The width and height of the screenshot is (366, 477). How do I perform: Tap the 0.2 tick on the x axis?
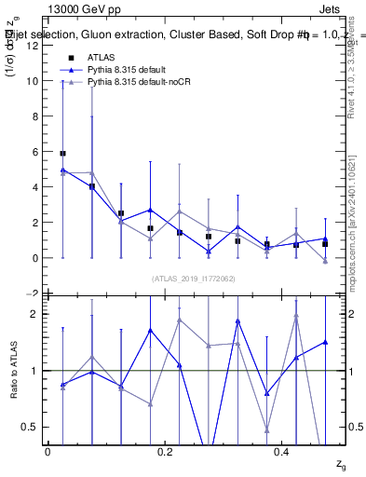166,452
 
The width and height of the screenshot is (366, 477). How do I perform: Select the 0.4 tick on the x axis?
282,452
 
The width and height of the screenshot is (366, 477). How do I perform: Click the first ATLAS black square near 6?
62,153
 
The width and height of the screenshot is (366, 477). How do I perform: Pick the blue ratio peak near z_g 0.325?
238,320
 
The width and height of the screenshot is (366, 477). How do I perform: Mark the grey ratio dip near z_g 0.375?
267,430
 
